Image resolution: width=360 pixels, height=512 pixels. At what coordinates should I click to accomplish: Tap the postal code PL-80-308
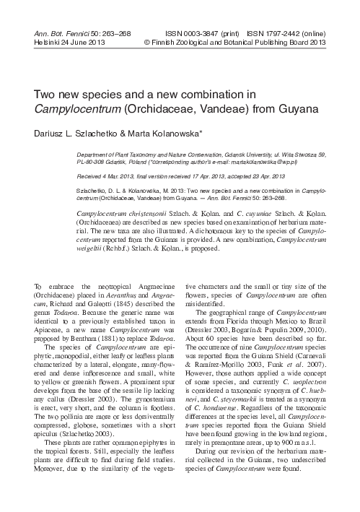(x=97, y=163)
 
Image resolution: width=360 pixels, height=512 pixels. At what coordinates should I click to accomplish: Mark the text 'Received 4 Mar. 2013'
(x=109, y=175)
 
